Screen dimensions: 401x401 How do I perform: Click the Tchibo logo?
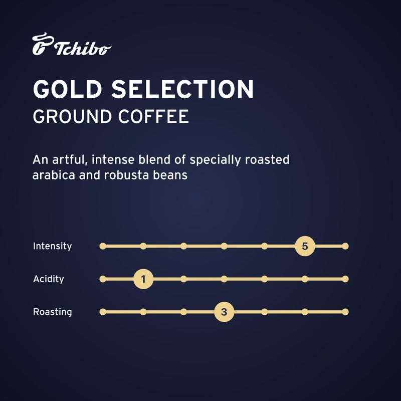tap(71, 45)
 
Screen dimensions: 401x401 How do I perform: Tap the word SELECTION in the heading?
tap(182, 89)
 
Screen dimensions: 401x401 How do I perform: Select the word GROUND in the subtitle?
tap(72, 116)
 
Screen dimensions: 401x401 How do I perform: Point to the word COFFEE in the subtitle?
tap(154, 116)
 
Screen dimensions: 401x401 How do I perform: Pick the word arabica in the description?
tap(53, 176)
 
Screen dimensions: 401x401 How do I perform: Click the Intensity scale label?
tap(52, 246)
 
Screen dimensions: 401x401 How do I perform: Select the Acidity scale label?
tap(48, 279)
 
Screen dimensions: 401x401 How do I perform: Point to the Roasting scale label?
tap(52, 312)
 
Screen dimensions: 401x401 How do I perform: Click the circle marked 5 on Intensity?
tap(305, 246)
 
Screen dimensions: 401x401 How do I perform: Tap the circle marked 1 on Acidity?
tap(143, 279)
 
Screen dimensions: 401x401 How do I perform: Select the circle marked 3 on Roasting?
tap(224, 312)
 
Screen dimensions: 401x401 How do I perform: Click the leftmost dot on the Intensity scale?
tap(103, 246)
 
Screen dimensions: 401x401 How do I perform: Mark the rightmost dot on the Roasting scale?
tap(345, 312)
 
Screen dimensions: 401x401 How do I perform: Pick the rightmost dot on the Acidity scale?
tap(345, 279)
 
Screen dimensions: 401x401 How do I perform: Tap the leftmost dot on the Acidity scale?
tap(103, 279)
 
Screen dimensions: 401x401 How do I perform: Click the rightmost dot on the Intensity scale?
tap(345, 246)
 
